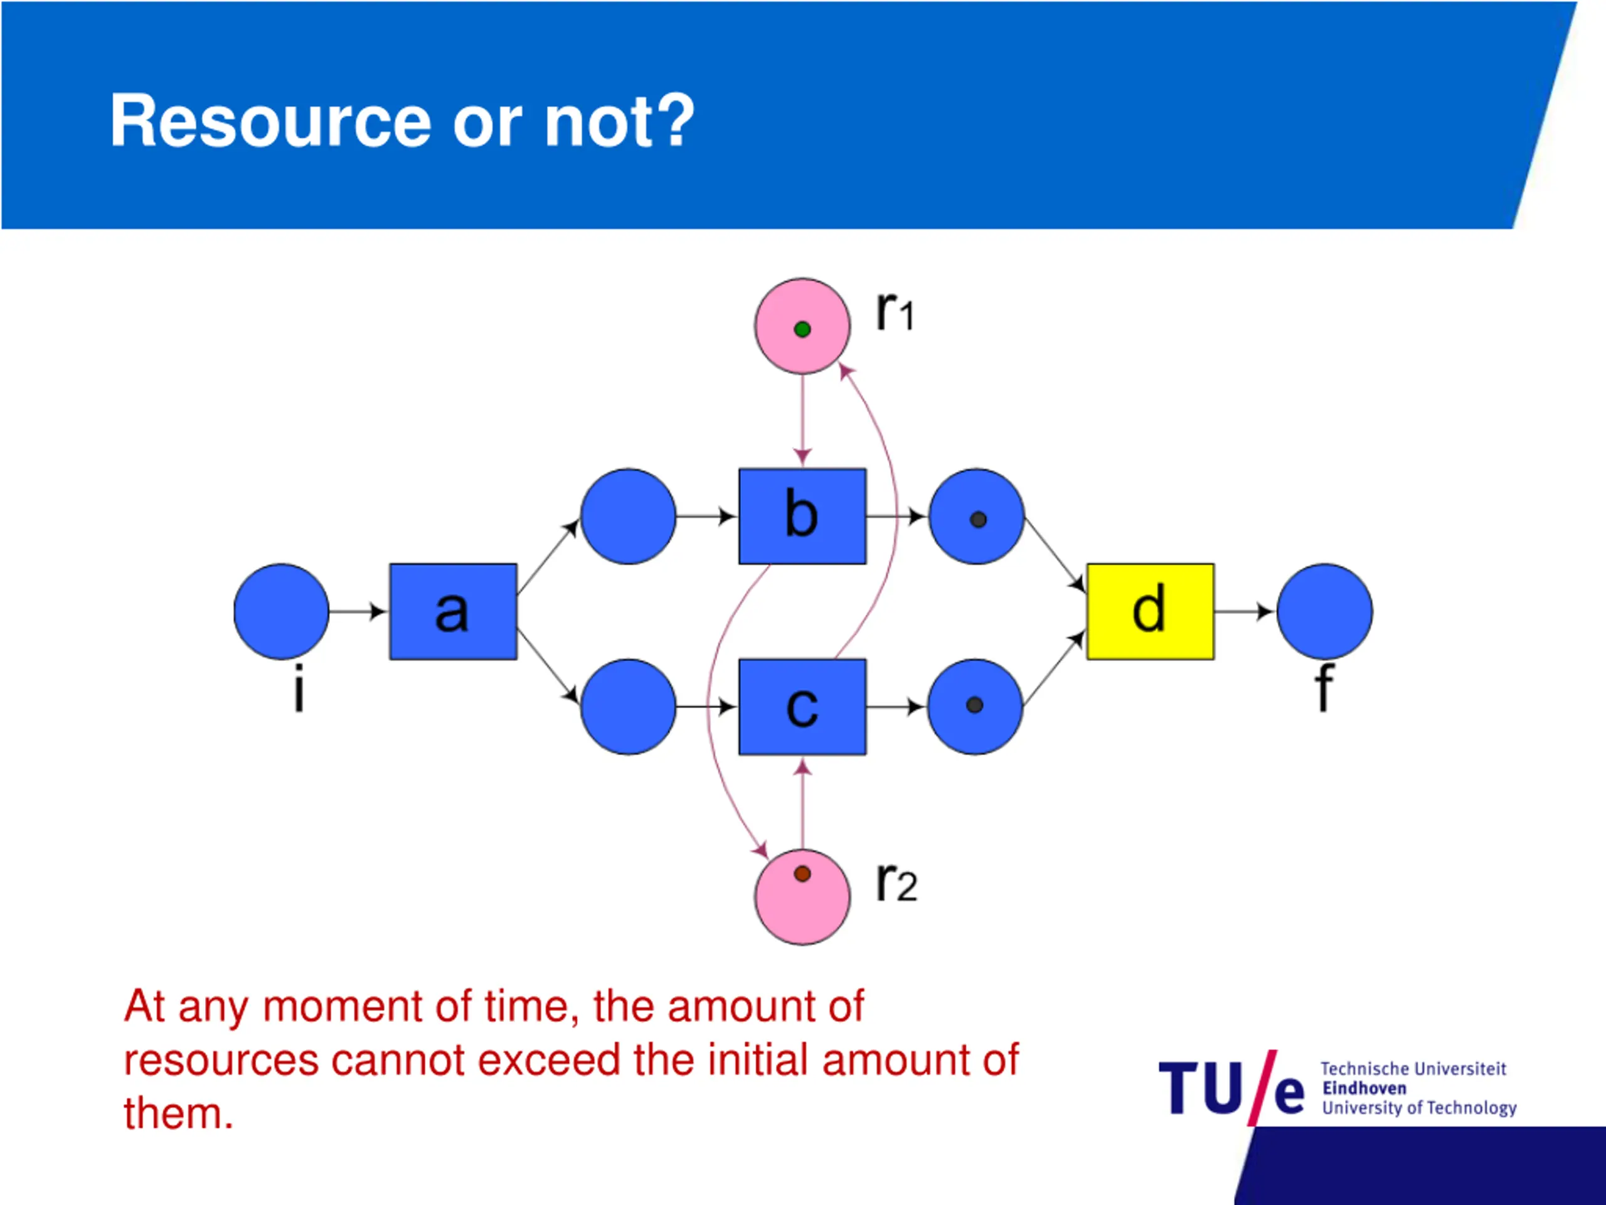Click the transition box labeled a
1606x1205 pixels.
pyautogui.click(x=453, y=611)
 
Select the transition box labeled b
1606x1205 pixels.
pyautogui.click(x=802, y=517)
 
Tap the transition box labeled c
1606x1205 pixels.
pyautogui.click(x=802, y=707)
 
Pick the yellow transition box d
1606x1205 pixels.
pyautogui.click(x=1150, y=611)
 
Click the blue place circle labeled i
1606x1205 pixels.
pyautogui.click(x=282, y=611)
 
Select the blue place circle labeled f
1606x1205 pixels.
pyautogui.click(x=1324, y=611)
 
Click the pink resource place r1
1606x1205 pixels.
pyautogui.click(x=802, y=326)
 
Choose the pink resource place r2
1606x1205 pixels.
pyautogui.click(x=802, y=897)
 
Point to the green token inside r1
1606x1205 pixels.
pyautogui.click(x=802, y=329)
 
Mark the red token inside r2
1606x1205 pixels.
pyautogui.click(x=802, y=874)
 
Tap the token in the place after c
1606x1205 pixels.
pyautogui.click(x=975, y=705)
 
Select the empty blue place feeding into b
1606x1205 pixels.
pyautogui.click(x=629, y=517)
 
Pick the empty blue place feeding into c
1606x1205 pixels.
pyautogui.click(x=629, y=707)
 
